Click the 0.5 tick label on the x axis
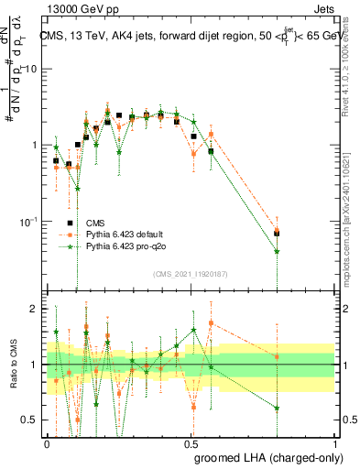tap(191, 442)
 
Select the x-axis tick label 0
tap(48, 442)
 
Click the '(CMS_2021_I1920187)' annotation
tap(191, 274)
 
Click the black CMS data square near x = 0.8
tap(277, 234)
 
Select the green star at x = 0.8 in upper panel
tap(277, 251)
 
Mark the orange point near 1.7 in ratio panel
tap(212, 323)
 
